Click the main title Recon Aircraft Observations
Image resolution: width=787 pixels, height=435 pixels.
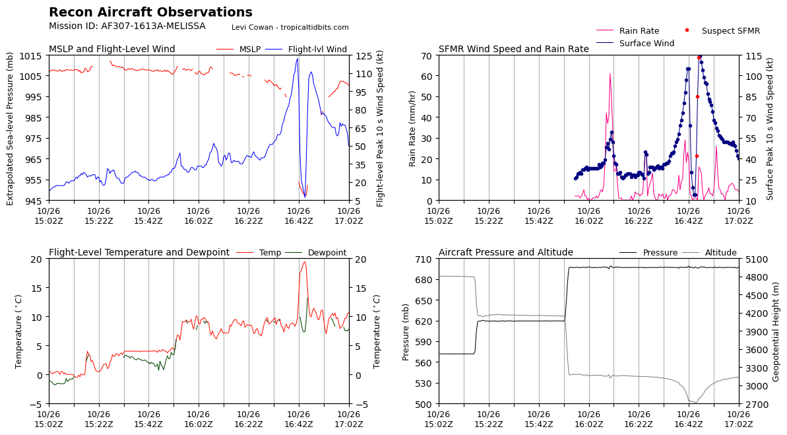click(150, 13)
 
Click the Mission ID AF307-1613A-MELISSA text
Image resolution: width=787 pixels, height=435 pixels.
click(127, 26)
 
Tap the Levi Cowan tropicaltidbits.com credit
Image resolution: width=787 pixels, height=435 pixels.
click(290, 28)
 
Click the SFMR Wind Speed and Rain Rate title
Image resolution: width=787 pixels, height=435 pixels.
click(513, 50)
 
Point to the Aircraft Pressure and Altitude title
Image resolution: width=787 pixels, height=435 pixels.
click(505, 253)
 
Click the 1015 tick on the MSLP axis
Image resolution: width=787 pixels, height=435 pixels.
click(34, 55)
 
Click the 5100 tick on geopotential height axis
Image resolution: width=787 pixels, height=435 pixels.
click(756, 259)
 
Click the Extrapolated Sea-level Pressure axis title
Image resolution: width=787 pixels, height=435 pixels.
click(11, 128)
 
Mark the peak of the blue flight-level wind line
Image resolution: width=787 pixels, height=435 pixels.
click(297, 59)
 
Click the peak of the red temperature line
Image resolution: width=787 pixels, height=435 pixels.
click(304, 261)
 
